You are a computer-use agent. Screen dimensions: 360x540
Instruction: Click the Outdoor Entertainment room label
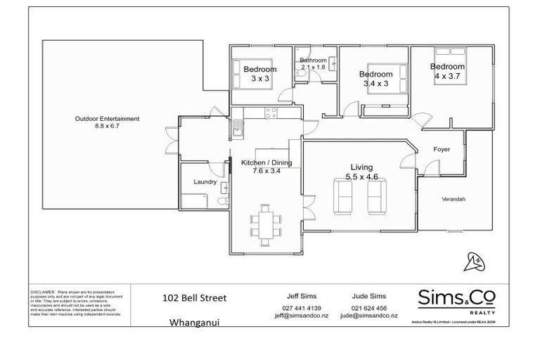[x=107, y=119]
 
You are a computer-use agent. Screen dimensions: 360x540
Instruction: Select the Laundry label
[x=205, y=182]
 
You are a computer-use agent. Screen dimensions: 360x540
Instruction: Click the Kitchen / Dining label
[x=266, y=162]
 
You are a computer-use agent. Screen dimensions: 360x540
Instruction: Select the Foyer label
[x=442, y=150]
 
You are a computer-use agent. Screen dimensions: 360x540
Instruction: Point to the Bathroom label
[x=313, y=60]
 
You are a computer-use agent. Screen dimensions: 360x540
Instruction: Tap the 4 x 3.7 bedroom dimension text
[x=449, y=76]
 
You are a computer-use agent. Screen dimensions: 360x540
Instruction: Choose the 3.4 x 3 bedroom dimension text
[x=375, y=84]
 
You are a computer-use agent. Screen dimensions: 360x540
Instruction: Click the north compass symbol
[x=474, y=261]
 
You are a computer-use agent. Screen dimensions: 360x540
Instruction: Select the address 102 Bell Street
[x=194, y=298]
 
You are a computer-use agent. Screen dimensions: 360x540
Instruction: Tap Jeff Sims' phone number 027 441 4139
[x=301, y=309]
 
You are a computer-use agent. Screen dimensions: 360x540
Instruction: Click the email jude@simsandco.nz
[x=368, y=316]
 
